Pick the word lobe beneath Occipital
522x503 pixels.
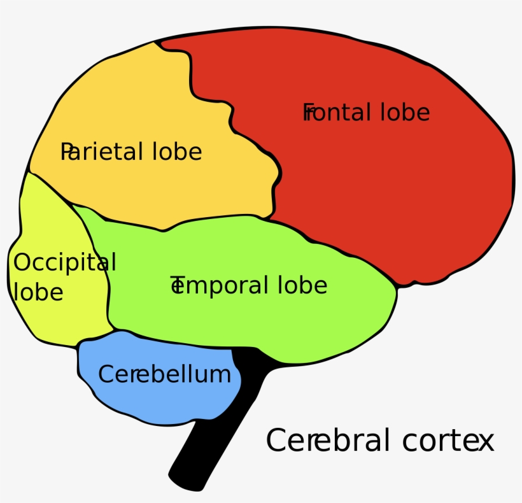pos(38,292)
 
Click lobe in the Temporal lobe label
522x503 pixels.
pos(302,285)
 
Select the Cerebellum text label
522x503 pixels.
pos(164,374)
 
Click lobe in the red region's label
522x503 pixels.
pos(405,113)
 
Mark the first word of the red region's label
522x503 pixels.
pos(336,113)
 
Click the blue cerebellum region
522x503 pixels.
pos(159,401)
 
